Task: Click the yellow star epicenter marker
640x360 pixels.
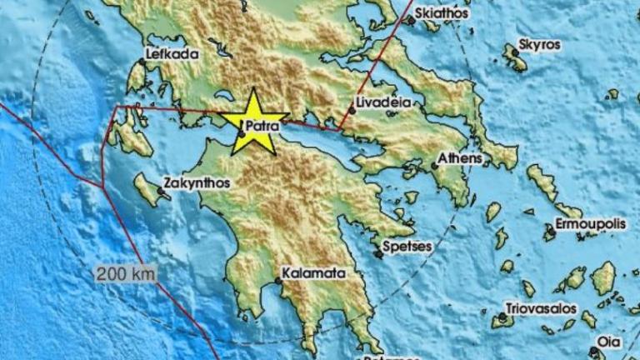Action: (253, 121)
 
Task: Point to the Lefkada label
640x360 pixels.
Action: (172, 55)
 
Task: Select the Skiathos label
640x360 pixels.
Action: (442, 13)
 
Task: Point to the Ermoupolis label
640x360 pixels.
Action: (588, 225)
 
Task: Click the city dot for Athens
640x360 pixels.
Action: (434, 166)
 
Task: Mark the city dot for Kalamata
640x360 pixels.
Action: (278, 281)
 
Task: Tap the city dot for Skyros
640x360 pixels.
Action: (515, 52)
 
